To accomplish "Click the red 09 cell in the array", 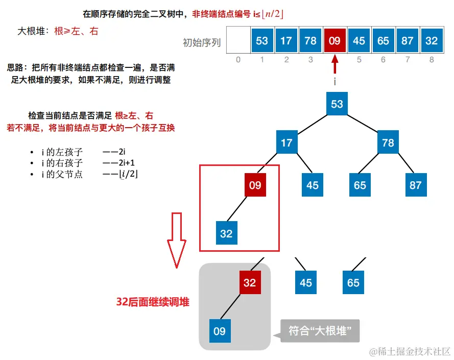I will pyautogui.click(x=334, y=41).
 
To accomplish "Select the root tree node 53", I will pyautogui.click(x=337, y=104).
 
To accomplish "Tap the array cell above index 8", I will pyautogui.click(x=432, y=41).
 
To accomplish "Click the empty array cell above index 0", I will pyautogui.click(x=238, y=41).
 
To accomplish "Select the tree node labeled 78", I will pyautogui.click(x=388, y=142).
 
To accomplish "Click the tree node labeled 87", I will pyautogui.click(x=416, y=185).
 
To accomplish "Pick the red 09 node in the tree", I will pyautogui.click(x=255, y=185).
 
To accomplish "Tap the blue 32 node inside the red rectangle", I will pyautogui.click(x=226, y=233).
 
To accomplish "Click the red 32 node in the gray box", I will pyautogui.click(x=250, y=282).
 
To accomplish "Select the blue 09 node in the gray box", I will pyautogui.click(x=219, y=331).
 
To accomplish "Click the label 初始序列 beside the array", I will pyautogui.click(x=202, y=43).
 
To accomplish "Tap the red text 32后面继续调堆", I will pyautogui.click(x=153, y=302).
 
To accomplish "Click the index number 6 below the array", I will pyautogui.click(x=383, y=60).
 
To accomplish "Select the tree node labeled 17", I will pyautogui.click(x=286, y=142).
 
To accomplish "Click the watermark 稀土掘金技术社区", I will pyautogui.click(x=411, y=351).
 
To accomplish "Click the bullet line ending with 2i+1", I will pyautogui.click(x=84, y=163).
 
